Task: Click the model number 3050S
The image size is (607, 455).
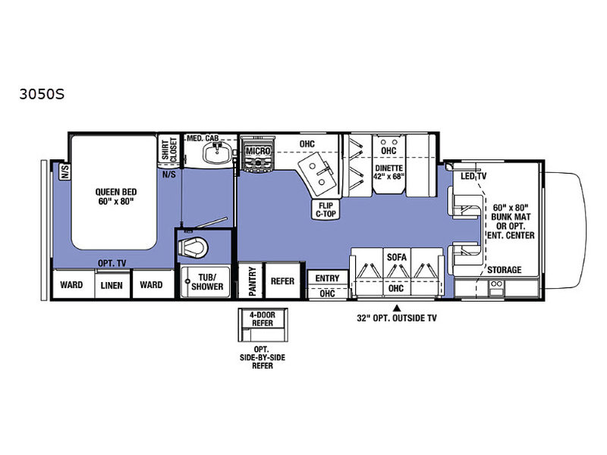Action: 42,94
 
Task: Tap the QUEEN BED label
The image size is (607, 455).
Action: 116,192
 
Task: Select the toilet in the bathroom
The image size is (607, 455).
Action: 193,248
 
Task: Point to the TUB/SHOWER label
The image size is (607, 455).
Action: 207,282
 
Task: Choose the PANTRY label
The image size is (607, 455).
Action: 252,281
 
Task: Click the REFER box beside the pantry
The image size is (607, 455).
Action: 283,281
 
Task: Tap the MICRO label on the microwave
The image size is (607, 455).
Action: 258,151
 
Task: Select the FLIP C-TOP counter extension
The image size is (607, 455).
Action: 326,210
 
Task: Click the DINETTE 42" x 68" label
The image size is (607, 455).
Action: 389,172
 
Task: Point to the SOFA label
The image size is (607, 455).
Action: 397,257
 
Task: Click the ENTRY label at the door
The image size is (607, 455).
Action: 327,278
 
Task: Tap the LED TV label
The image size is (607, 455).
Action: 473,177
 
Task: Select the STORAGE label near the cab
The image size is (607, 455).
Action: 505,270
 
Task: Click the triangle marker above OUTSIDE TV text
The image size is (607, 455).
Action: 396,309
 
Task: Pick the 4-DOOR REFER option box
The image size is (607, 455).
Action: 263,325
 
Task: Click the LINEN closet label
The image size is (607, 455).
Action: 112,285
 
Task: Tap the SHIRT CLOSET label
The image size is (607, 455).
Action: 169,150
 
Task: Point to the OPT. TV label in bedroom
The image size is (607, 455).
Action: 112,263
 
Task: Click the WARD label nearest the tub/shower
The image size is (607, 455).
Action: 151,285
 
